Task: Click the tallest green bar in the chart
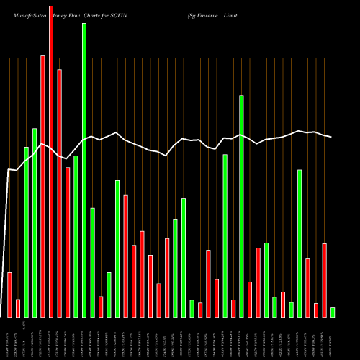[84, 170]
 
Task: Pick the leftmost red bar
[9, 294]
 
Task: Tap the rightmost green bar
[333, 312]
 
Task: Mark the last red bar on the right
[324, 280]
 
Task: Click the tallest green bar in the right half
[241, 206]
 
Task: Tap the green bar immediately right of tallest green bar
[92, 262]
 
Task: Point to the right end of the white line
[332, 137]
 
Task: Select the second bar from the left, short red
[18, 308]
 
